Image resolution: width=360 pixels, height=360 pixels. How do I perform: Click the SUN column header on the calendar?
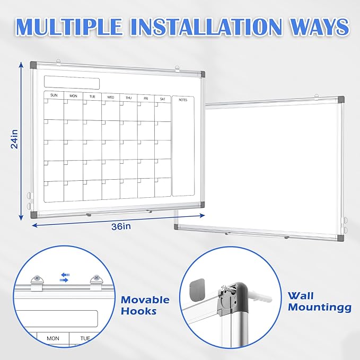pyautogui.click(x=54, y=95)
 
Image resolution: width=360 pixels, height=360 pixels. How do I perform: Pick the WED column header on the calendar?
pyautogui.click(x=110, y=97)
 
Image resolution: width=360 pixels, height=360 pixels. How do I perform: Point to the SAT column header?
pyautogui.click(x=162, y=99)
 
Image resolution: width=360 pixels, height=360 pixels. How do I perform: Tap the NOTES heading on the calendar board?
pyautogui.click(x=183, y=100)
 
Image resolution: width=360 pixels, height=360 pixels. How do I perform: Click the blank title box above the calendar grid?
pyautogui.click(x=72, y=83)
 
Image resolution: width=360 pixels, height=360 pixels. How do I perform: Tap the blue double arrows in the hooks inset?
pyautogui.click(x=65, y=277)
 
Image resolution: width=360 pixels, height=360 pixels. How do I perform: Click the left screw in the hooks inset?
pyautogui.click(x=37, y=277)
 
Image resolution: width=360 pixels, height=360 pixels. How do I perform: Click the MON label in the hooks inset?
pyautogui.click(x=53, y=338)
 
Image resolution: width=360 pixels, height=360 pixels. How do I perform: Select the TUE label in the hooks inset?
pyautogui.click(x=85, y=338)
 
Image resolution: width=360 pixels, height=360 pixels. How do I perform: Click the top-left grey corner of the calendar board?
pyautogui.click(x=33, y=65)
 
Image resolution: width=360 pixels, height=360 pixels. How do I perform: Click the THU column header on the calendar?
pyautogui.click(x=128, y=98)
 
